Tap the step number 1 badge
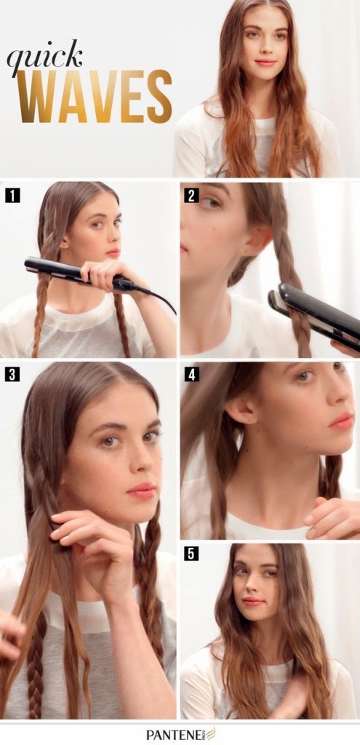[12, 195]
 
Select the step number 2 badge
[191, 195]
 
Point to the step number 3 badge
[12, 375]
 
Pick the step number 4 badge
[191, 375]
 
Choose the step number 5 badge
[191, 554]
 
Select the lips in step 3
[141, 490]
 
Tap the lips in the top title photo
[265, 63]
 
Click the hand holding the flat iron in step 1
[105, 274]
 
